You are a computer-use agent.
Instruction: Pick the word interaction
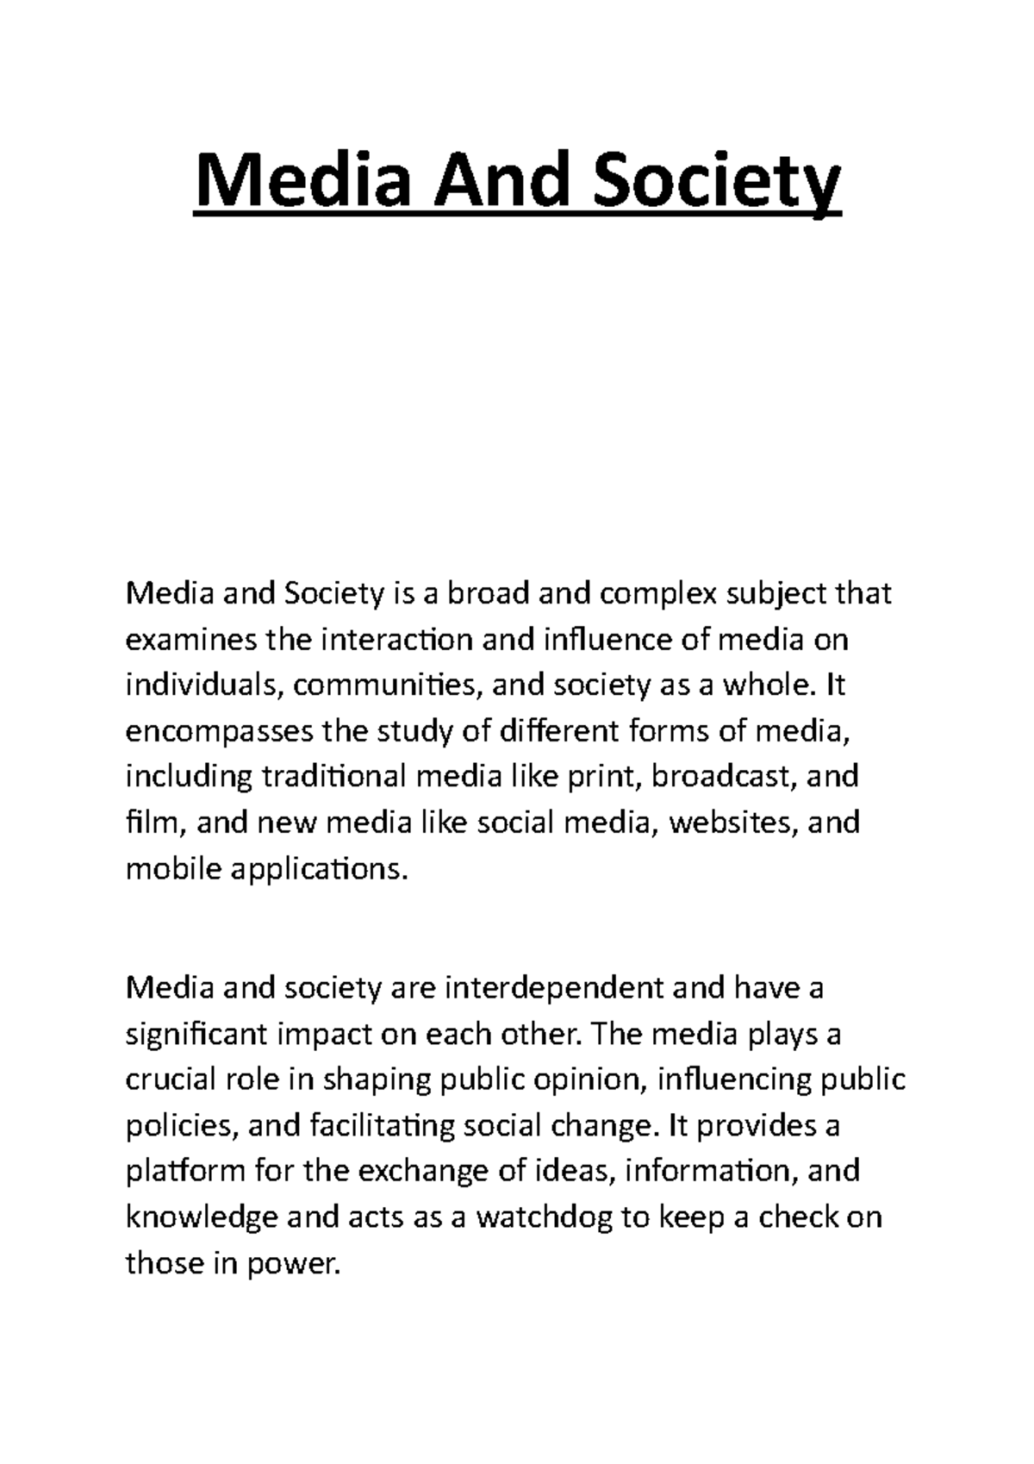click(396, 640)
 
